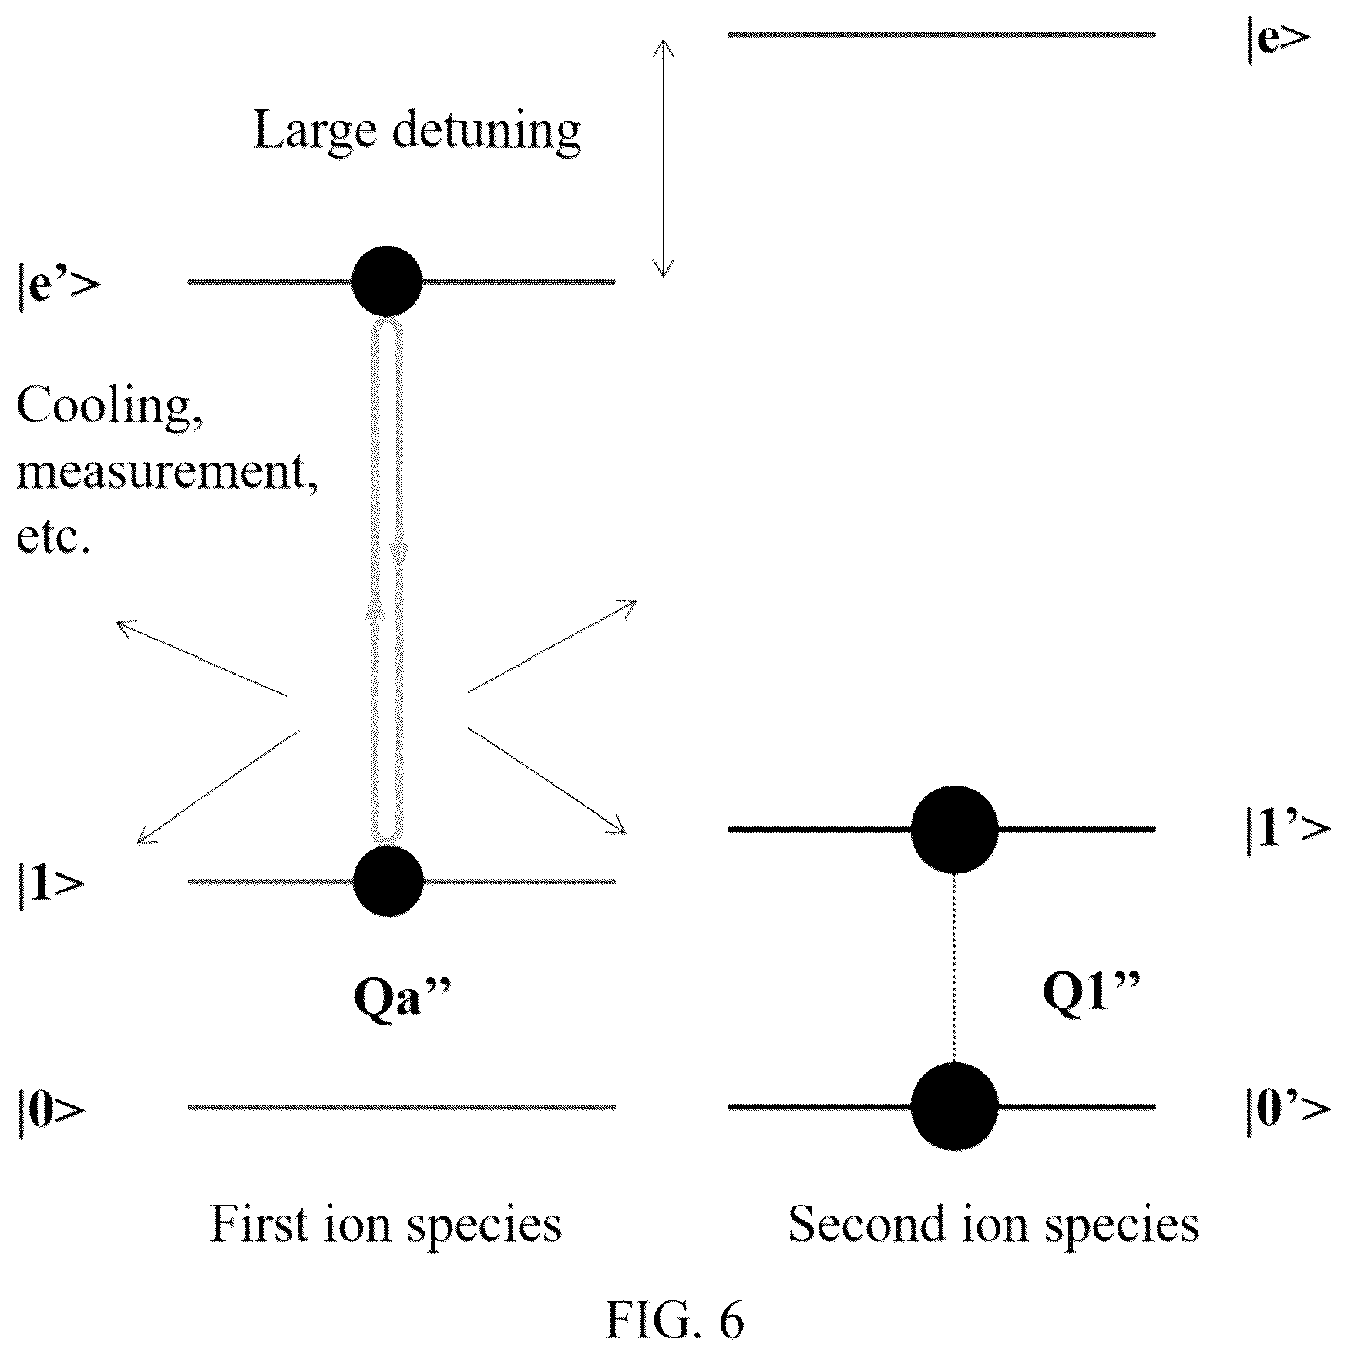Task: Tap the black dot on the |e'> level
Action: point(387,281)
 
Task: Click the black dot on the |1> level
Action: point(388,880)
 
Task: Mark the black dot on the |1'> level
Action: point(954,829)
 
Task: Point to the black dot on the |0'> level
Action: point(954,1106)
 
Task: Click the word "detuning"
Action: point(486,130)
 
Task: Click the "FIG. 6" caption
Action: point(674,1320)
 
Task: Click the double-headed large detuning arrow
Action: point(664,158)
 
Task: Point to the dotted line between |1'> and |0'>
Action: point(954,967)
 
